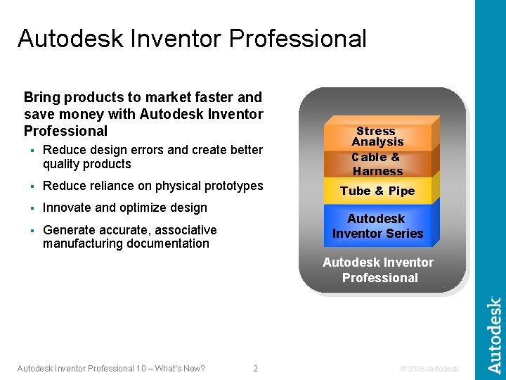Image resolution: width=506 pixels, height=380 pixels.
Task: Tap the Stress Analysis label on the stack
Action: pos(377,137)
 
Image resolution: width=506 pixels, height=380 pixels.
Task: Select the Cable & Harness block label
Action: pos(377,164)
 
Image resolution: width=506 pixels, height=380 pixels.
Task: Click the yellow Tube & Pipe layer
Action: pos(377,191)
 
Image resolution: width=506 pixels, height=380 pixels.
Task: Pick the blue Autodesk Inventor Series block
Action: pos(377,226)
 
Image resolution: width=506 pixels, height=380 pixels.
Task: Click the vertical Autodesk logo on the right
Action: pos(495,335)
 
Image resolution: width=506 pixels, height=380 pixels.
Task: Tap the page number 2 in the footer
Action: pos(255,369)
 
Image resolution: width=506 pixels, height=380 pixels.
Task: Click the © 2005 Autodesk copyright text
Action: pos(429,369)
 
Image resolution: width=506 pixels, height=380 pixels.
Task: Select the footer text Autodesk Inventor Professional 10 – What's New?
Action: pos(111,369)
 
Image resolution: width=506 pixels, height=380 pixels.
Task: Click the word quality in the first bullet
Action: pos(62,164)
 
